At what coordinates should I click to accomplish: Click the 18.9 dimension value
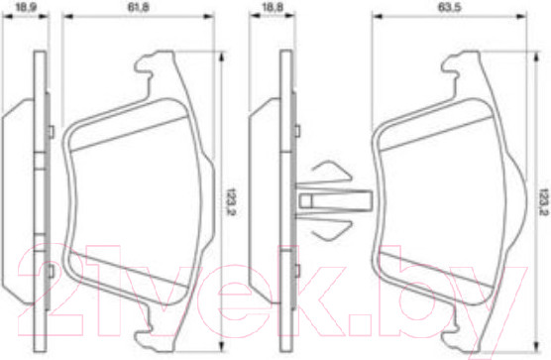26,7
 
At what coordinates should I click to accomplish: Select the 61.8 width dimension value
138,7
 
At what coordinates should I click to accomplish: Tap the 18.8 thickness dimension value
274,7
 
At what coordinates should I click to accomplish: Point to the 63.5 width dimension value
450,7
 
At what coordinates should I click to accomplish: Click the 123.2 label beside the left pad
231,201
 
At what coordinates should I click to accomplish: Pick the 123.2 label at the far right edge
544,201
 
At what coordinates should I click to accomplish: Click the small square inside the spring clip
305,200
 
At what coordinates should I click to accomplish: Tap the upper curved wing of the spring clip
332,172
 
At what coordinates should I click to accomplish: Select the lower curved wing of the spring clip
332,230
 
